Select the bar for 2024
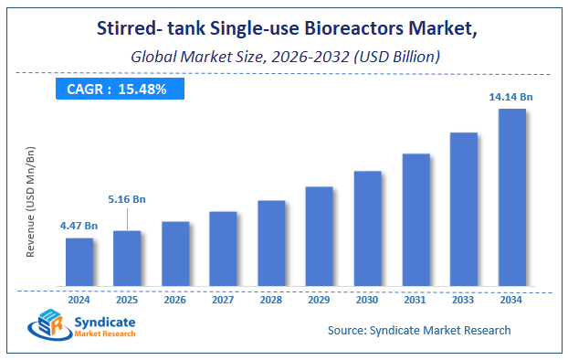point(79,261)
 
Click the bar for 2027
point(223,249)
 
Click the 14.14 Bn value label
point(511,96)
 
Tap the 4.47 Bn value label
point(79,224)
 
